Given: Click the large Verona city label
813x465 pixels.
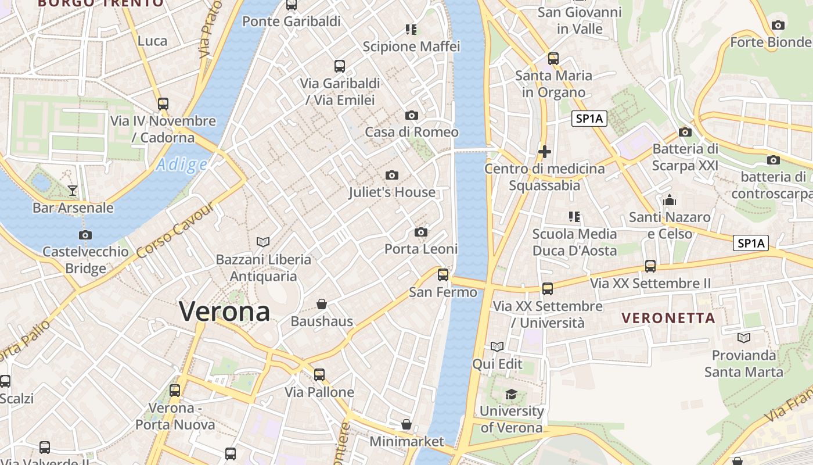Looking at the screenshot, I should pyautogui.click(x=224, y=312).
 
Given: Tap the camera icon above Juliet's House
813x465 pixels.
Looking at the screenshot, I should pyautogui.click(x=392, y=175).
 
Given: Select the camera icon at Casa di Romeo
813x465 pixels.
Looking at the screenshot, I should pyautogui.click(x=412, y=115).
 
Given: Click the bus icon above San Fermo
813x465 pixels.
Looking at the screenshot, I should pyautogui.click(x=443, y=275).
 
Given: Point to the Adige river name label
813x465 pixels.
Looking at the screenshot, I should pyautogui.click(x=181, y=166).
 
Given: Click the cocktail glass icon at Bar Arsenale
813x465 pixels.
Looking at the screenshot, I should pyautogui.click(x=73, y=190).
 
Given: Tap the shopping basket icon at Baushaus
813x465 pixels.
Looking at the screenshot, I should pyautogui.click(x=322, y=304).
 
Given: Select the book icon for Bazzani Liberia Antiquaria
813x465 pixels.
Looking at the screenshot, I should pyautogui.click(x=263, y=242).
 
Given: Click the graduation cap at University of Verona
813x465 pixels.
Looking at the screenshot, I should pyautogui.click(x=511, y=395).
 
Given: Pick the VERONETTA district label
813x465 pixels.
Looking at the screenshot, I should pyautogui.click(x=668, y=318).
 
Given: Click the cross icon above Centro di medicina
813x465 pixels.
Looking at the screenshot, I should pyautogui.click(x=545, y=152).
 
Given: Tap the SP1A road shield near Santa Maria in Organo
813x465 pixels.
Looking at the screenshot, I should pyautogui.click(x=589, y=119).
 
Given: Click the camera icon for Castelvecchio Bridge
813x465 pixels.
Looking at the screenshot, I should pyautogui.click(x=85, y=235).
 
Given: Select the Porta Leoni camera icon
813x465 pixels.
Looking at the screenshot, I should pyautogui.click(x=421, y=233).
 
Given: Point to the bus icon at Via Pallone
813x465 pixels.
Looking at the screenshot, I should pyautogui.click(x=319, y=375).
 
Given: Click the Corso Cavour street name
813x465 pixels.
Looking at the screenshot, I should pyautogui.click(x=175, y=231).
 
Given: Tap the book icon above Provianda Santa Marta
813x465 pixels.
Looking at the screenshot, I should pyautogui.click(x=743, y=338).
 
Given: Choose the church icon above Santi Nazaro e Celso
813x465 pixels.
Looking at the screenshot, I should pyautogui.click(x=670, y=201).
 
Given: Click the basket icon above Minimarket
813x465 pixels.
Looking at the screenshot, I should pyautogui.click(x=406, y=424).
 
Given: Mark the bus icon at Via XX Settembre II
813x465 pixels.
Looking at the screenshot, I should pyautogui.click(x=650, y=266).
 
